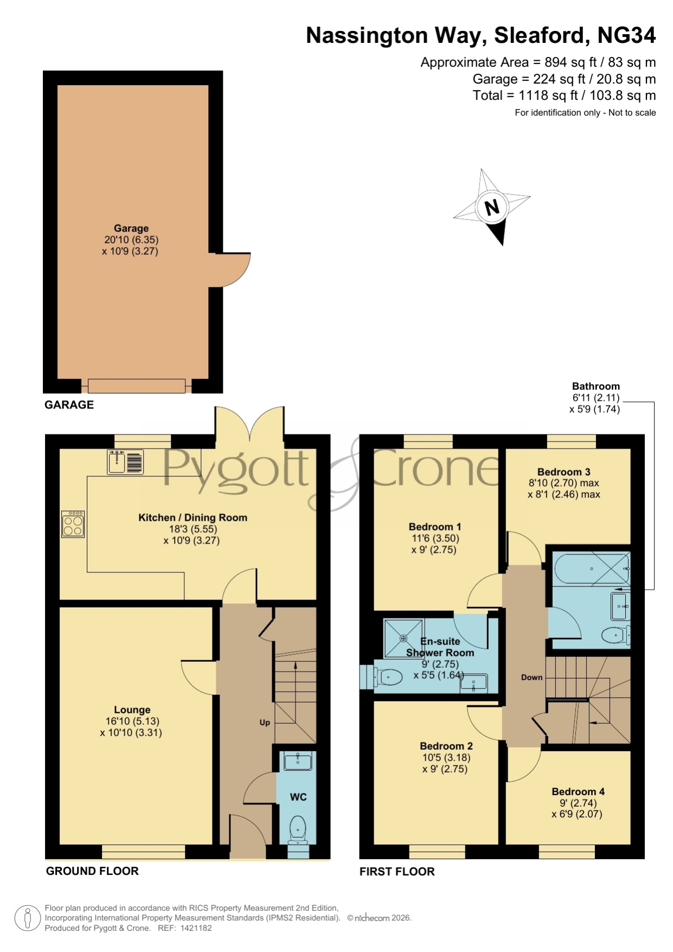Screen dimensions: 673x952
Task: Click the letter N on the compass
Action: pyautogui.click(x=492, y=207)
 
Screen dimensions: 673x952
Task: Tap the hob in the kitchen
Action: pyautogui.click(x=73, y=524)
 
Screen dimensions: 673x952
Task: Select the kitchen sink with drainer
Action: pyautogui.click(x=125, y=462)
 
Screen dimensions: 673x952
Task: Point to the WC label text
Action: pyautogui.click(x=298, y=797)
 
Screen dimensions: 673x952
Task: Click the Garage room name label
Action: pyautogui.click(x=131, y=228)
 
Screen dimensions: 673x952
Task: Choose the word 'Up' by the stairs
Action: pyautogui.click(x=265, y=723)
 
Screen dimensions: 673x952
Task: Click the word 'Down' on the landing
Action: pyautogui.click(x=531, y=677)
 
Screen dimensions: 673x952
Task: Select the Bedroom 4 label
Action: pyautogui.click(x=578, y=791)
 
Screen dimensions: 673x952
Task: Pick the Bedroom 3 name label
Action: pyautogui.click(x=564, y=472)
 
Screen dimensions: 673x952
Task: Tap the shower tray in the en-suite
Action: pyautogui.click(x=403, y=638)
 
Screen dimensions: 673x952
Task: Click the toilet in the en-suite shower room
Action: pyautogui.click(x=387, y=677)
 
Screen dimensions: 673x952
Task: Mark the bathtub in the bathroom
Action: pyautogui.click(x=591, y=568)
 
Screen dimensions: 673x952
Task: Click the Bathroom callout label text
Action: pyautogui.click(x=596, y=386)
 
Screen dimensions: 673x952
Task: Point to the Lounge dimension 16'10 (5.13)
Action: pyautogui.click(x=132, y=721)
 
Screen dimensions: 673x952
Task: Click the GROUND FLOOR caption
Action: pyautogui.click(x=92, y=871)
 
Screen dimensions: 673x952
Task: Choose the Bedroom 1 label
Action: pyautogui.click(x=435, y=527)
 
